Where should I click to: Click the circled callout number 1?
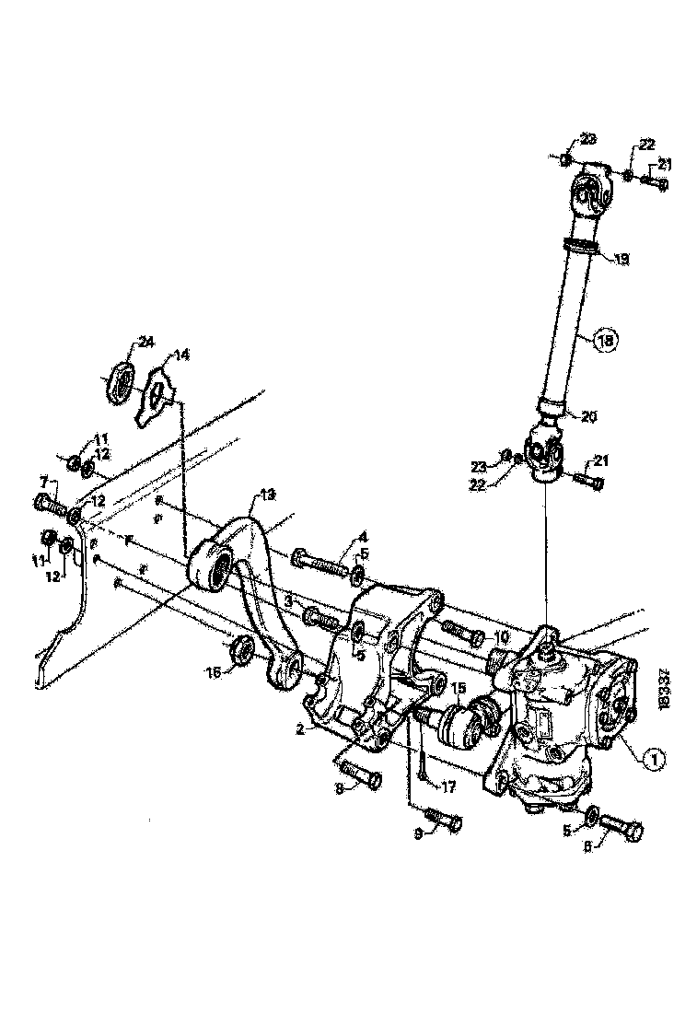tap(651, 758)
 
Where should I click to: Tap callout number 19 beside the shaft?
tap(622, 261)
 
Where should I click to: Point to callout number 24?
tap(145, 343)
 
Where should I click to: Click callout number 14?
tap(181, 354)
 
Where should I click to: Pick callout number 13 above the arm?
tap(268, 495)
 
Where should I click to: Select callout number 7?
tap(42, 482)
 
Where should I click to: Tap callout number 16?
tap(214, 673)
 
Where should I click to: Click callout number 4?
tap(363, 536)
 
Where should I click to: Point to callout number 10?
tap(501, 637)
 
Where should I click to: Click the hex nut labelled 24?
tap(120, 378)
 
